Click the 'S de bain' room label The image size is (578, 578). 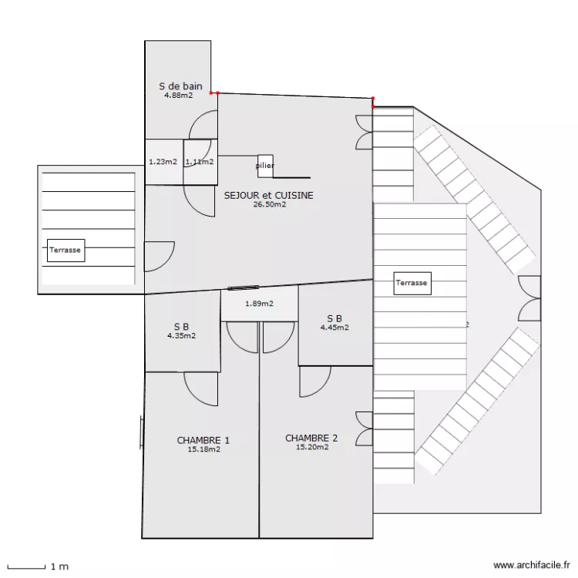coord(180,86)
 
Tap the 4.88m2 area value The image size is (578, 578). coord(178,96)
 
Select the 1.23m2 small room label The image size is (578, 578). coord(163,162)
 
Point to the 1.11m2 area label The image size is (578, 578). coord(199,162)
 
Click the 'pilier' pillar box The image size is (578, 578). coord(265,166)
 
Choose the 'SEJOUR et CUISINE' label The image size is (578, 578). coord(268,196)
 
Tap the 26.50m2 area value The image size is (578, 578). coord(270,205)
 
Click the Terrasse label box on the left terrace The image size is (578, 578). coord(66,250)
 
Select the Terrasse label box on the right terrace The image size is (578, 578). coord(412,283)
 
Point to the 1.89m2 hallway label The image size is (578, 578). coord(259,304)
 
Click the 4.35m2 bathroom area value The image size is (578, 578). coord(181,336)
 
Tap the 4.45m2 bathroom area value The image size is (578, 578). coord(334,328)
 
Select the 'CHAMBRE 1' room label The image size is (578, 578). coord(203,441)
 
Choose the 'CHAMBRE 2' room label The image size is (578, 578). coord(311,438)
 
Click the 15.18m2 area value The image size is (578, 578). coord(203,449)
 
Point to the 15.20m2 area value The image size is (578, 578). coord(312,447)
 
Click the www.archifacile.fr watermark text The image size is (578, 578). coord(531,565)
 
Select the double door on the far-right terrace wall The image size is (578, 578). coord(530,297)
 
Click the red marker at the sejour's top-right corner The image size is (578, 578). coord(374,99)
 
